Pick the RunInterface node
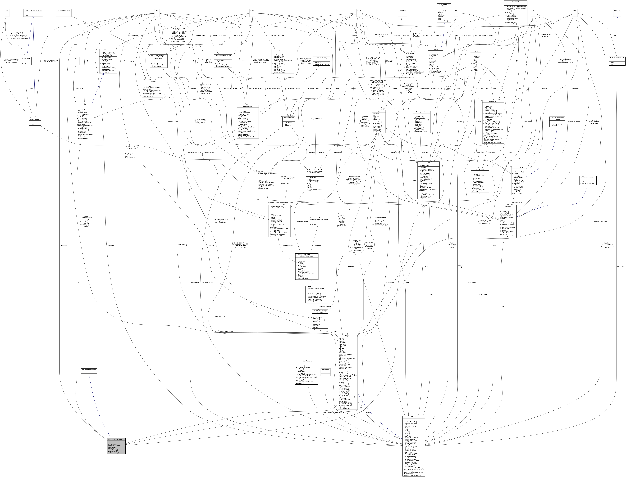(x=402, y=10)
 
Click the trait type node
(x=7, y=10)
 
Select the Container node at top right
(x=617, y=10)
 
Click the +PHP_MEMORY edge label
(x=237, y=36)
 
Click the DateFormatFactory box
(x=219, y=316)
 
